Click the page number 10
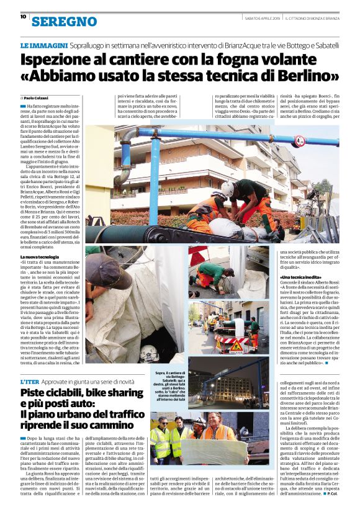tap(23, 17)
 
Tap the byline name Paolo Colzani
tap(39, 98)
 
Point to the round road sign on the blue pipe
tap(299, 141)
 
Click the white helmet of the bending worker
tap(228, 189)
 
